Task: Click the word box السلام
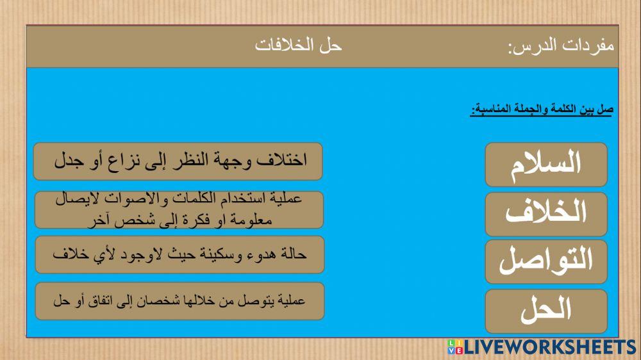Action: coord(546,165)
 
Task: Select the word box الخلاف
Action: coord(546,214)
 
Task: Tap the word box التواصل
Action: coord(546,262)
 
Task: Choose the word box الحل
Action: coord(546,311)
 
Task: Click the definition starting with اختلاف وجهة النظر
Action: coord(178,161)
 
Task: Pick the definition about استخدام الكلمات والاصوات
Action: coord(178,209)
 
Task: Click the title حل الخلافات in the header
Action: coord(299,46)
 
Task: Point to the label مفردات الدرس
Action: coord(561,46)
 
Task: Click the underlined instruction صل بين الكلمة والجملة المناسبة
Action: coord(542,111)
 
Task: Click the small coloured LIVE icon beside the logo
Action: coord(453,347)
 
